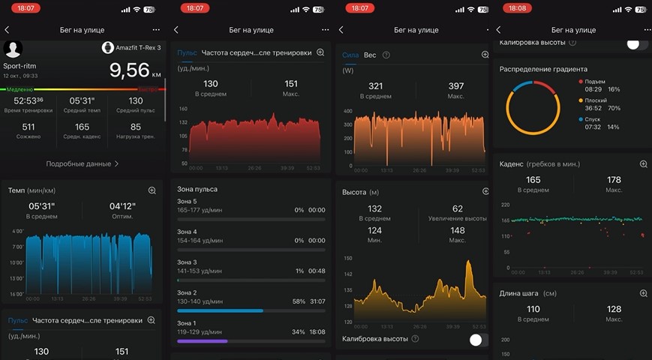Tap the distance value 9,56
pos(129,70)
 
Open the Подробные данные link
pos(82,163)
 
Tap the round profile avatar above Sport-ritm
pos(13,49)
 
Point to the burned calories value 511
pos(29,127)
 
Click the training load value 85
pos(135,127)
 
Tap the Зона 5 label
pos(187,201)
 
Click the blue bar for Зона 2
pos(220,310)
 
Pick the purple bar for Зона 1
pos(202,340)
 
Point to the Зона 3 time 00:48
pos(317,271)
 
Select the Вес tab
pos(370,55)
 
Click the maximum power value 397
pos(456,86)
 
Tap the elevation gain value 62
pos(458,208)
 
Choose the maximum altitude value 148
pos(458,230)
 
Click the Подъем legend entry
pos(593,81)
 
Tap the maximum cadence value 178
pos(614,180)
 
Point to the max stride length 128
pos(614,309)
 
